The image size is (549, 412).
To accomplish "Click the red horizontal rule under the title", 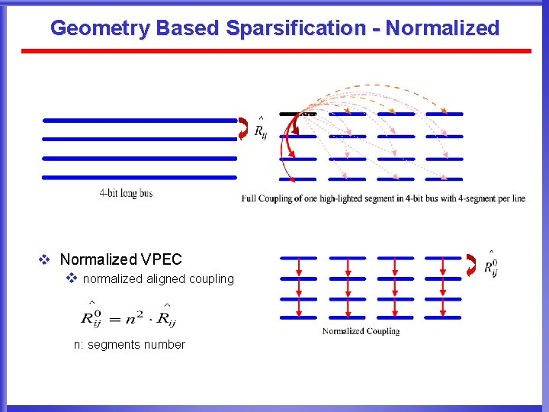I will tap(274, 51).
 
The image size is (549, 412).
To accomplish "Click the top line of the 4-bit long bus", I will tap(140, 121).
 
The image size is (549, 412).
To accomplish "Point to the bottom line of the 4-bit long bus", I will tap(140, 178).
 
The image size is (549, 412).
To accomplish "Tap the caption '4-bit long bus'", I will tap(126, 193).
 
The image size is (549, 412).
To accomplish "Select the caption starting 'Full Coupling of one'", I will tap(384, 198).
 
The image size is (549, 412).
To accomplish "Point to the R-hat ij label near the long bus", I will tap(260, 130).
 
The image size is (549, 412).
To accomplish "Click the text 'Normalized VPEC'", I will tap(121, 259).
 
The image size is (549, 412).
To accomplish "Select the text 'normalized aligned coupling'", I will tap(158, 278).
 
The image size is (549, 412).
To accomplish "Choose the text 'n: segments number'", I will tap(129, 344).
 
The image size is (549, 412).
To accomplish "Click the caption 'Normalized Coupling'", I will tap(361, 331).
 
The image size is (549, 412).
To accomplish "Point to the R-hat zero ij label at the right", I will tap(491, 265).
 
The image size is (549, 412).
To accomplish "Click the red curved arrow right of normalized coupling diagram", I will tap(470, 264).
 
